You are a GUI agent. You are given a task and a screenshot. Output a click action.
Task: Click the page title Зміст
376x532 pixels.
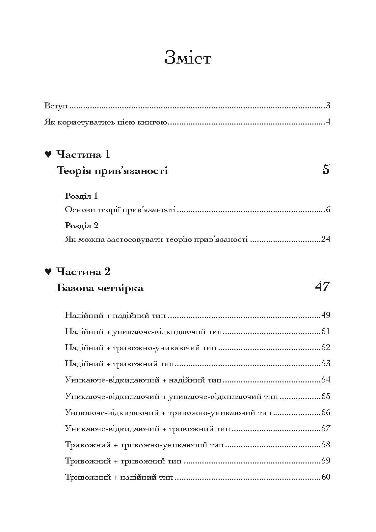(x=188, y=59)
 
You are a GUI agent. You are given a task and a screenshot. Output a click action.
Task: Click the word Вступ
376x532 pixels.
(x=56, y=106)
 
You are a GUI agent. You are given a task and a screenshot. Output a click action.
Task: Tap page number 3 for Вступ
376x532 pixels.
(x=328, y=106)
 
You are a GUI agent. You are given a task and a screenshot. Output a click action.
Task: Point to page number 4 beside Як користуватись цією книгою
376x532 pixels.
(x=328, y=123)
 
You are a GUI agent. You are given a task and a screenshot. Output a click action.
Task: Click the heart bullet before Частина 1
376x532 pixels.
(x=48, y=154)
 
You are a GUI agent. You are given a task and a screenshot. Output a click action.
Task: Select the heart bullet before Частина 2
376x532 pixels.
(x=48, y=272)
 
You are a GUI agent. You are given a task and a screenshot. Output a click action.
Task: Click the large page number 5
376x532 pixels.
(x=326, y=170)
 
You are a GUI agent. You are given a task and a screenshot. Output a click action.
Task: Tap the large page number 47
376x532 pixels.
(x=322, y=287)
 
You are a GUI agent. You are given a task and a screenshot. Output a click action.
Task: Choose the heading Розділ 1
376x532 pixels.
(x=81, y=196)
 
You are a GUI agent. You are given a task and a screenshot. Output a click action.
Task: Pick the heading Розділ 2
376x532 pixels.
(x=82, y=226)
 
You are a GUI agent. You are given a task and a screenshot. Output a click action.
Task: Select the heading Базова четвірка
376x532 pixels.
(x=100, y=288)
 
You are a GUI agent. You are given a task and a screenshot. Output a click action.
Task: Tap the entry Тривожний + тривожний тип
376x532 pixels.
(x=123, y=461)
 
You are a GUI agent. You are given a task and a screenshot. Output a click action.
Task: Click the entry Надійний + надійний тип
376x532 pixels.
(x=116, y=315)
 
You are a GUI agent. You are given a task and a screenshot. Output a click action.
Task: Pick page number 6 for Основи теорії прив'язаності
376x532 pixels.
(x=328, y=210)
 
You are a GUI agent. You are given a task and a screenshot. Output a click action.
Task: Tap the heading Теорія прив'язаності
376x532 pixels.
(x=112, y=171)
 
